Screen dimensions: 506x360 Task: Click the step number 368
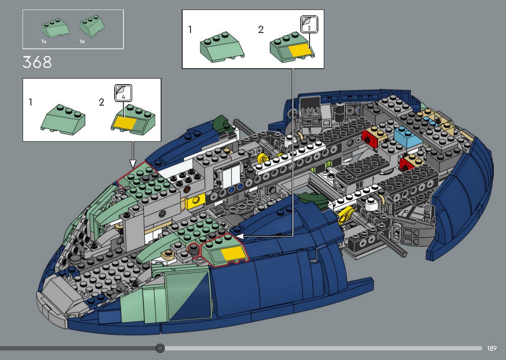37,62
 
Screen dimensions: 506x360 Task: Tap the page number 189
492,348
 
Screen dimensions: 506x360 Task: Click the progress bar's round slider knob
160,348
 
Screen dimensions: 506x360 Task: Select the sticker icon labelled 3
309,24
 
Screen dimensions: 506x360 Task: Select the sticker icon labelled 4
123,93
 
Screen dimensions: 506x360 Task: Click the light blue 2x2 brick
408,137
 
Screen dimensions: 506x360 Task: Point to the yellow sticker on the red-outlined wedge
233,253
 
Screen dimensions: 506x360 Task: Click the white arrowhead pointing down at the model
133,163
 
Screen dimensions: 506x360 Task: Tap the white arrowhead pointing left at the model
239,236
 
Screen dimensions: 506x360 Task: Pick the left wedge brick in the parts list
55,28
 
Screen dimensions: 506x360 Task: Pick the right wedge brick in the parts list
92,26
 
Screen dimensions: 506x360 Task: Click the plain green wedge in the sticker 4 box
63,118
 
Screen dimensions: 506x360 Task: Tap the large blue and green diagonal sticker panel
187,296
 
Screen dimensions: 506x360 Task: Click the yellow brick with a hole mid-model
195,202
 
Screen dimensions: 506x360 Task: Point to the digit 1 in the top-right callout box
190,30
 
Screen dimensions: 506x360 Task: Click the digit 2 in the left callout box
102,102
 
